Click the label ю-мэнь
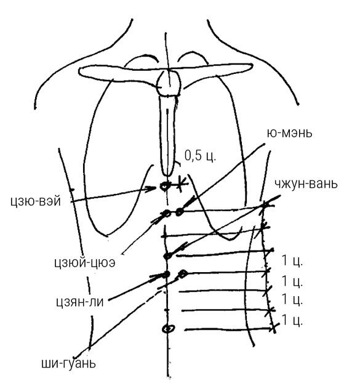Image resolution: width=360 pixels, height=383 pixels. [x=289, y=134]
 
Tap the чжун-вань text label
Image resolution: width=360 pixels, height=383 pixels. [x=306, y=183]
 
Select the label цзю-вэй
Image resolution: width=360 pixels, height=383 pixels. [x=36, y=202]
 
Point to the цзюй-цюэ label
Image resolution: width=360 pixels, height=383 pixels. [x=85, y=263]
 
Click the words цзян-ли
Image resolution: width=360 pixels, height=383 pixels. [x=80, y=302]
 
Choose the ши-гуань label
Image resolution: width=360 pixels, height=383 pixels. [x=68, y=364]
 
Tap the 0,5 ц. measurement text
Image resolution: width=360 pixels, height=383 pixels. [x=200, y=156]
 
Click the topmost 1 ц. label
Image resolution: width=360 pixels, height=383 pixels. [x=292, y=260]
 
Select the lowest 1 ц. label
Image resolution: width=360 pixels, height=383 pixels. [x=292, y=320]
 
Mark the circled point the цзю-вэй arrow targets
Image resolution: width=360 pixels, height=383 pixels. [x=164, y=187]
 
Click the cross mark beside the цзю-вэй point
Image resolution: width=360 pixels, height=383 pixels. [x=180, y=183]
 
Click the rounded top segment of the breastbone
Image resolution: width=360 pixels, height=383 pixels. [x=169, y=83]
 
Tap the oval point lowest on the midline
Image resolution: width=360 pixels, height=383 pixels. [x=169, y=329]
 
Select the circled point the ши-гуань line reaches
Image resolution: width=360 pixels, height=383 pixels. [x=183, y=274]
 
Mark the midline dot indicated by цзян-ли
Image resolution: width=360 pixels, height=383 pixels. [x=166, y=275]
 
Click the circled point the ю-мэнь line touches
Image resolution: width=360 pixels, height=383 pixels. [x=180, y=212]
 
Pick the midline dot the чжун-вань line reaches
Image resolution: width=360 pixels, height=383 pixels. [x=167, y=256]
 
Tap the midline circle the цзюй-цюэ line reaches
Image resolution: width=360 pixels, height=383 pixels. [x=167, y=213]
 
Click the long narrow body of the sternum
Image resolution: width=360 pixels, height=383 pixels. [x=167, y=135]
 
